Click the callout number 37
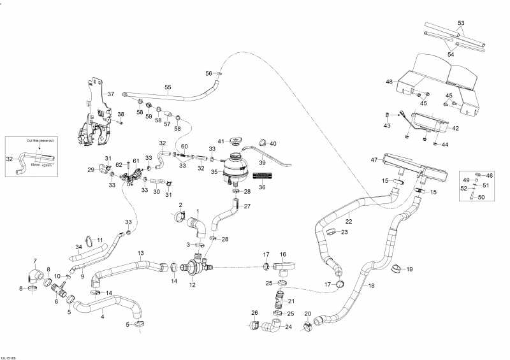point(111,94)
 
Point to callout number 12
point(192,285)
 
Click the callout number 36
point(262,187)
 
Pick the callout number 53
point(461,22)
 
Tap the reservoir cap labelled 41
point(237,139)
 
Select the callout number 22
point(349,221)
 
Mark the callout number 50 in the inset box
point(481,198)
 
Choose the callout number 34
point(79,247)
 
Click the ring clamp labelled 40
point(262,143)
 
